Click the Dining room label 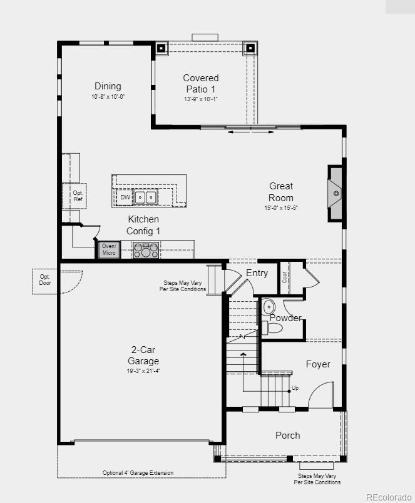[108, 86]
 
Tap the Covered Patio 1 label [201, 84]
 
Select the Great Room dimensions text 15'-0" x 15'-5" [280, 208]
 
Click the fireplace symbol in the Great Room [336, 194]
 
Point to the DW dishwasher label [125, 197]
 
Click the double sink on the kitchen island [146, 197]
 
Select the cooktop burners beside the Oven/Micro [146, 251]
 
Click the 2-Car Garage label [144, 356]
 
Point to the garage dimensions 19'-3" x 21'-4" [144, 371]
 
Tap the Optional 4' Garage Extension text [138, 473]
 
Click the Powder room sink [269, 307]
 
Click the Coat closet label [285, 277]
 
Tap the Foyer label [318, 364]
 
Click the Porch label [287, 435]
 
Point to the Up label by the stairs [295, 388]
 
